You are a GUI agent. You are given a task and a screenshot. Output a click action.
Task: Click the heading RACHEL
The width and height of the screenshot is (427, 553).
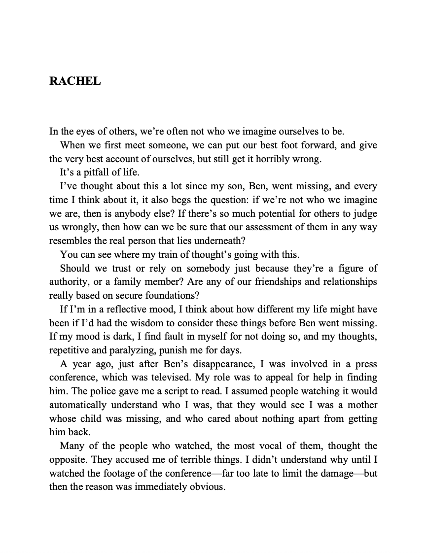point(75,81)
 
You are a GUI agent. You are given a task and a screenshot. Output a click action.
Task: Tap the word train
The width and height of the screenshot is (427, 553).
point(150,255)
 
